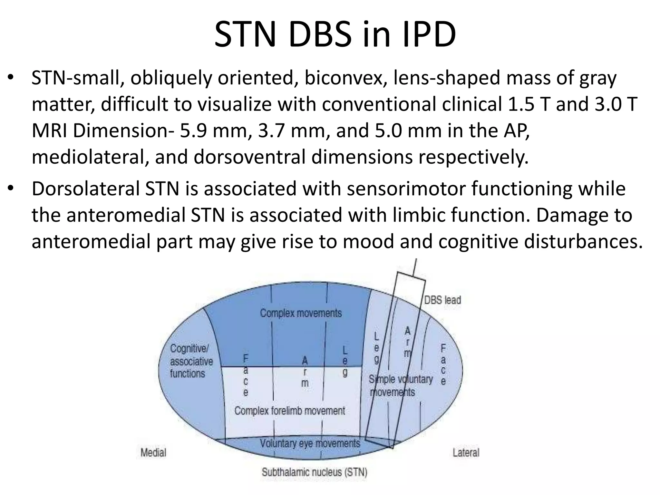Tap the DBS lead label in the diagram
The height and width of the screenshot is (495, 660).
[442, 300]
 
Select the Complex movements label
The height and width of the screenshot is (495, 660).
[301, 313]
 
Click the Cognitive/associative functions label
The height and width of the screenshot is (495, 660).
[191, 361]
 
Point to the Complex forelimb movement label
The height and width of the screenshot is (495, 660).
[289, 411]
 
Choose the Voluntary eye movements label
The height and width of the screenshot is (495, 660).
[310, 443]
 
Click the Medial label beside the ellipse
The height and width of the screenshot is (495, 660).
[153, 452]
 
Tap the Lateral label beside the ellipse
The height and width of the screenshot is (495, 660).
[466, 452]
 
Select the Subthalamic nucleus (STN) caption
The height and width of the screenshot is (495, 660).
[314, 472]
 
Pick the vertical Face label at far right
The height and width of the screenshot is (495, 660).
[443, 365]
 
